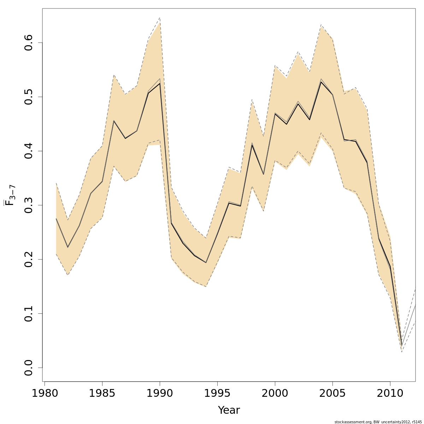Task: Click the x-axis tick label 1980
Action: pyautogui.click(x=45, y=394)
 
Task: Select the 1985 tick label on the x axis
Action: pyautogui.click(x=102, y=394)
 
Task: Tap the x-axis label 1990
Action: pyautogui.click(x=160, y=394)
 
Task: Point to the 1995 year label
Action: pyautogui.click(x=217, y=394)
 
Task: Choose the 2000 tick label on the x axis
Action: pyautogui.click(x=275, y=394)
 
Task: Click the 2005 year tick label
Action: pyautogui.click(x=332, y=394)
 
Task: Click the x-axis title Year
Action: pyautogui.click(x=229, y=410)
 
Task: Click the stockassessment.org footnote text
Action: pyautogui.click(x=378, y=422)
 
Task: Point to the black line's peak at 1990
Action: pyautogui.click(x=160, y=83)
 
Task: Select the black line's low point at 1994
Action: pyautogui.click(x=206, y=263)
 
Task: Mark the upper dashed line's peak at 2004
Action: pyautogui.click(x=321, y=25)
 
